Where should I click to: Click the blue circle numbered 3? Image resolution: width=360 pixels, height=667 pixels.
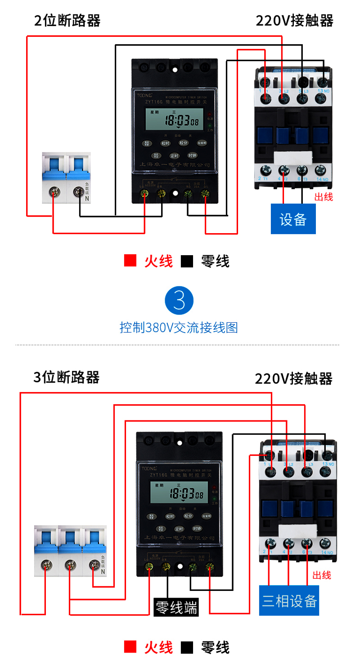pos(179,301)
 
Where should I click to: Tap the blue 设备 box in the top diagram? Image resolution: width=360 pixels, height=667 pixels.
pos(293,219)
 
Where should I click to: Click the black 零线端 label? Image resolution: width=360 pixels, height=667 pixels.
pos(176,608)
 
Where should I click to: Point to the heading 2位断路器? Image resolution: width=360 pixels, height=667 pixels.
pos(67,21)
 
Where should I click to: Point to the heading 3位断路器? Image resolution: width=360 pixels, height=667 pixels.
pos(67,377)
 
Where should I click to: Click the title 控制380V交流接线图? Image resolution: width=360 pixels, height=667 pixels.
pos(179,327)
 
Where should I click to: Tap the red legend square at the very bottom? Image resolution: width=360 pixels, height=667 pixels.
pos(130,648)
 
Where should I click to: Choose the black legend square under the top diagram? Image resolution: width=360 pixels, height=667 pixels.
pos(187,261)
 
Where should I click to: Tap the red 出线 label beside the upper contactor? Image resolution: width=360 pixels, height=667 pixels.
pos(324,197)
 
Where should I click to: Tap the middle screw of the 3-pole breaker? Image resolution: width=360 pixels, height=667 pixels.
pos(69,563)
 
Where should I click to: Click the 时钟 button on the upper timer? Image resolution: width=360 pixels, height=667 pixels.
pos(193,156)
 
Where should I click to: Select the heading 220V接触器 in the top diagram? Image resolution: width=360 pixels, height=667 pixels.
pos(294,21)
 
